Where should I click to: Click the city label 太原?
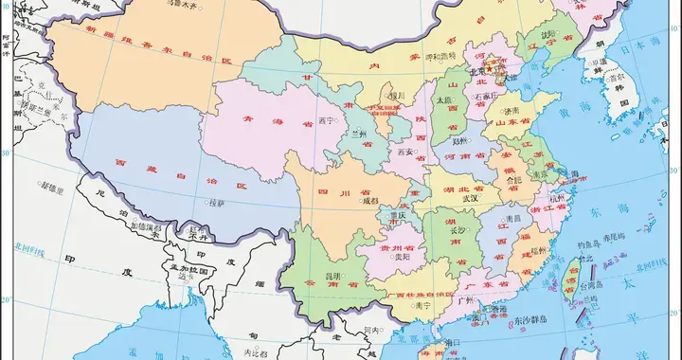[x=443, y=99]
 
